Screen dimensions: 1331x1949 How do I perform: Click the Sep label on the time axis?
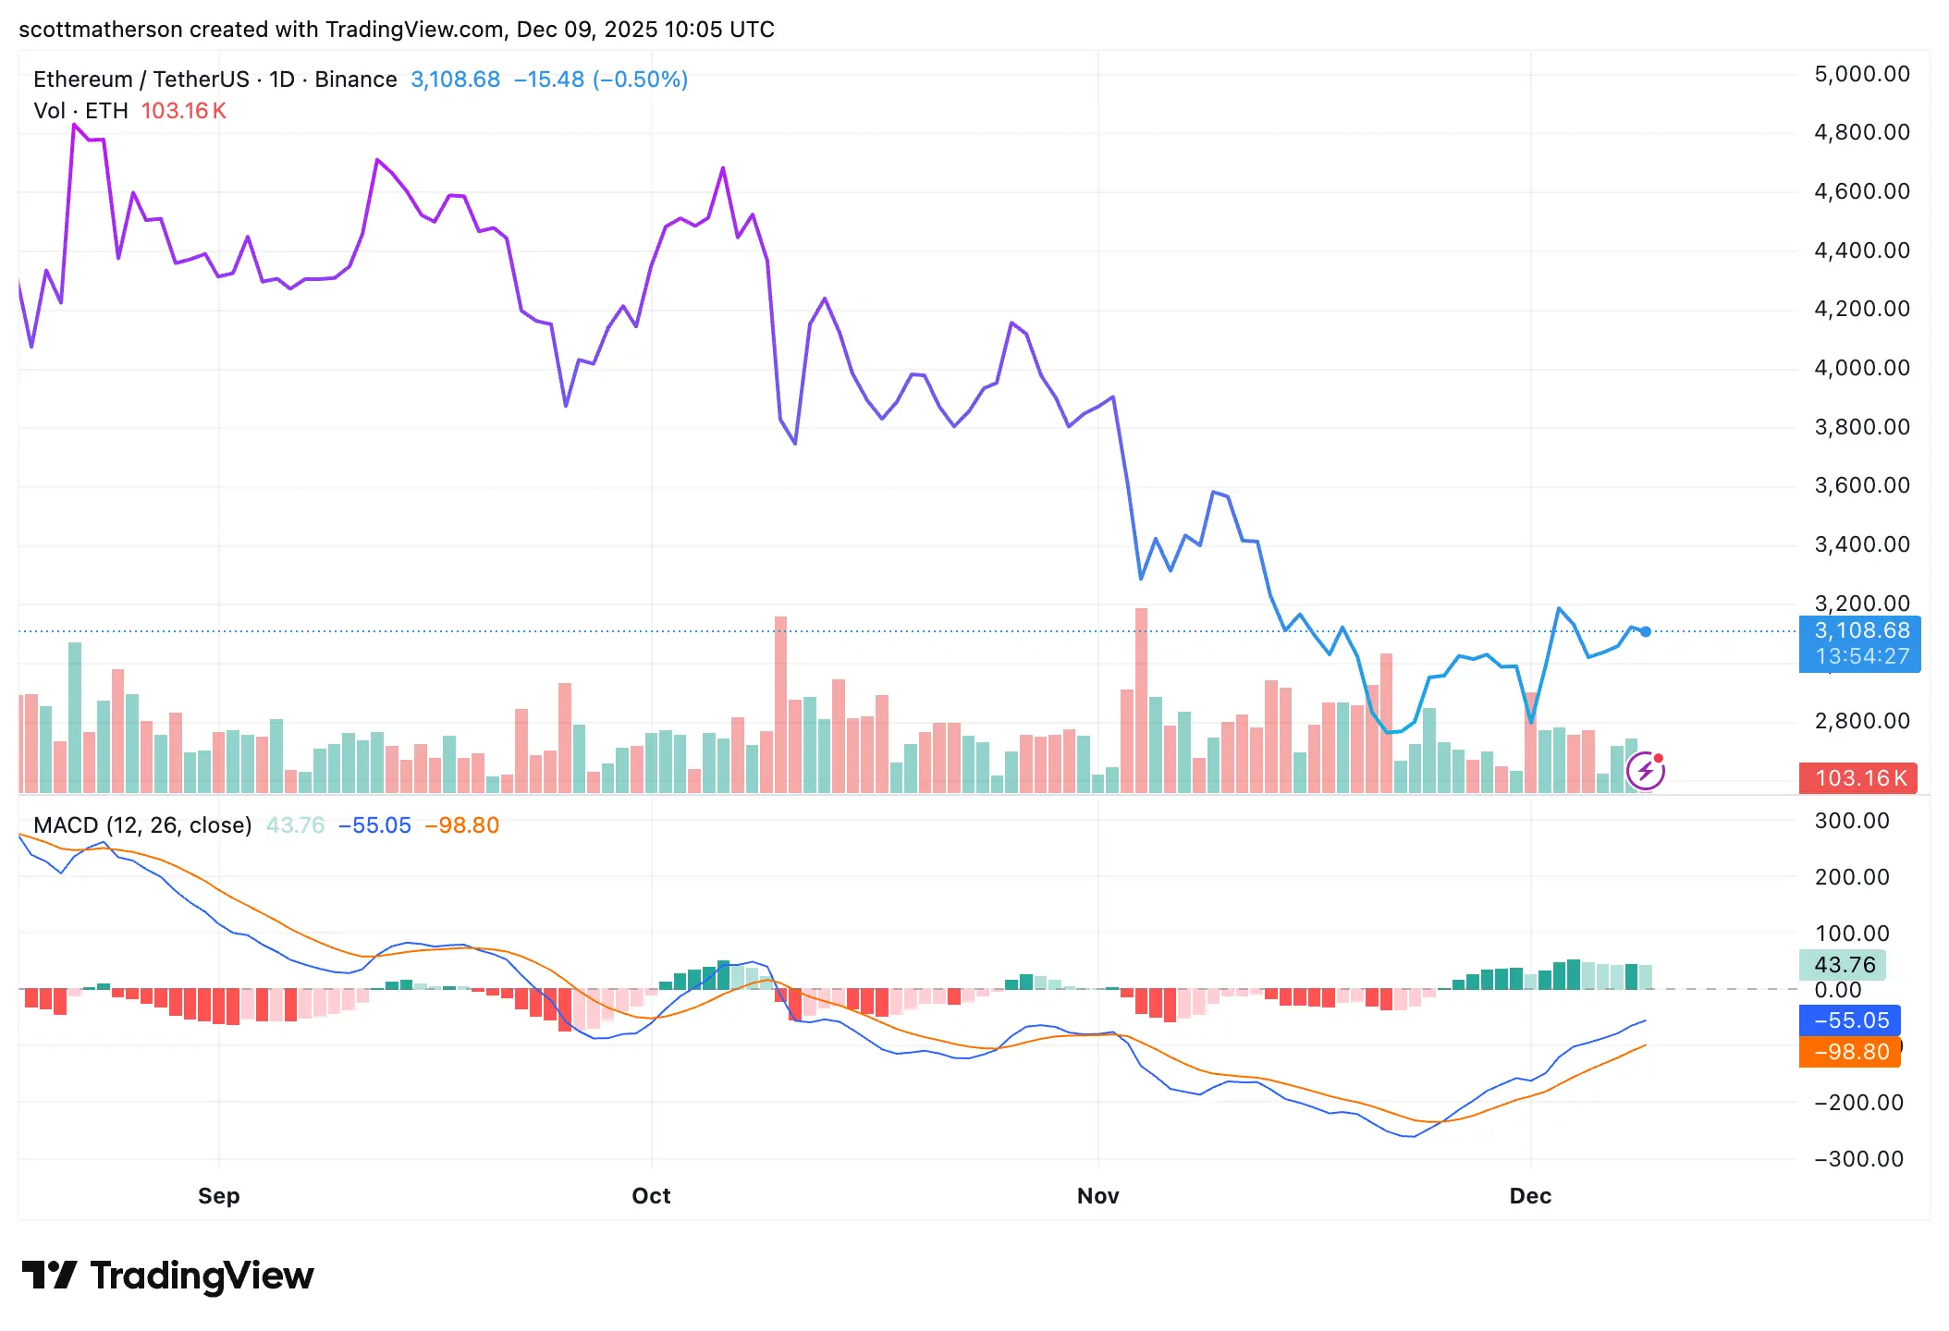click(218, 1196)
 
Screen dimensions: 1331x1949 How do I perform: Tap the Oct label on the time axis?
click(651, 1196)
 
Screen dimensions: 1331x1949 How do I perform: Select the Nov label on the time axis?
click(1097, 1196)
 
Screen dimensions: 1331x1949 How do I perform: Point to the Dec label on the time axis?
click(1530, 1196)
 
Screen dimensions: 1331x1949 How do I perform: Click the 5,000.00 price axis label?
click(1862, 74)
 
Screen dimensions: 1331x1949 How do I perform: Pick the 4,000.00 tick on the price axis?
click(1862, 368)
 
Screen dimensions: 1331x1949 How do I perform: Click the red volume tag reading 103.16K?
click(1859, 778)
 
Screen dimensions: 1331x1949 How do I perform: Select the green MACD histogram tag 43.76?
click(1844, 965)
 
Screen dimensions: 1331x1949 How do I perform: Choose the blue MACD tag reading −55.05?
click(1850, 1020)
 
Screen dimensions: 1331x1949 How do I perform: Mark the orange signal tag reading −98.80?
click(1850, 1052)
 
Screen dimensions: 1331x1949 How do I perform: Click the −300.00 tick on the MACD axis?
click(1858, 1159)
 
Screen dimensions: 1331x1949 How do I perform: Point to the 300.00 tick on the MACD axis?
click(1852, 821)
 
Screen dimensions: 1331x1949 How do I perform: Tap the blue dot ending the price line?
click(1646, 632)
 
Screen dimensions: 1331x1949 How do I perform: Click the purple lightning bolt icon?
click(1646, 771)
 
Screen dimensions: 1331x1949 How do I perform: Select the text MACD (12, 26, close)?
click(142, 825)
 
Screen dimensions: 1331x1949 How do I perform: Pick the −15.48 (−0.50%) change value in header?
click(601, 79)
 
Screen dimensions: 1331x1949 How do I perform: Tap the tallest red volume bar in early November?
click(1141, 700)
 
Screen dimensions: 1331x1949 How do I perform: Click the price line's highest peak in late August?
click(74, 125)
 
